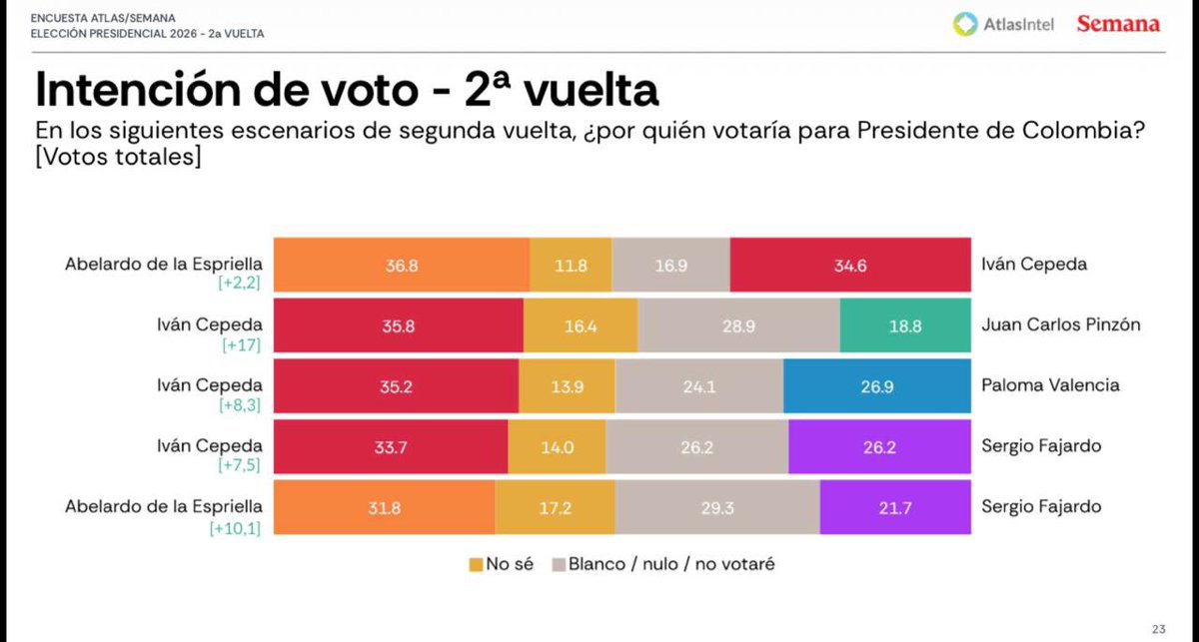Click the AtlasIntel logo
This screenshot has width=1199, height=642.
[x=1003, y=24]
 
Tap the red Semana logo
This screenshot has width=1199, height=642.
[x=1118, y=24]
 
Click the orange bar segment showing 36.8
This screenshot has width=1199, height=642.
[x=402, y=265]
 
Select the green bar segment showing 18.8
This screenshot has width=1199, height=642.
[x=905, y=325]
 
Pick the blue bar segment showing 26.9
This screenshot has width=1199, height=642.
[x=877, y=386]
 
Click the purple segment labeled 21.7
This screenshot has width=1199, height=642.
[x=895, y=506]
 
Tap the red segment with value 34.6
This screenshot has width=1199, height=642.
[x=850, y=265]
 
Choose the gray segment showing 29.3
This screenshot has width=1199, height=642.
[x=717, y=506]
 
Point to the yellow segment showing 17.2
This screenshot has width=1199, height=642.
[x=555, y=506]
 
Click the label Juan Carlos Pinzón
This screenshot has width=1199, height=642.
[x=1061, y=324]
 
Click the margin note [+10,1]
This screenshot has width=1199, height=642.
[x=235, y=528]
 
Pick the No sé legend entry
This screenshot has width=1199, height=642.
[x=503, y=564]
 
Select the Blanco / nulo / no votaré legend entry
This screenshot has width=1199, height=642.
[x=662, y=564]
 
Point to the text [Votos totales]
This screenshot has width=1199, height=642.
[x=118, y=157]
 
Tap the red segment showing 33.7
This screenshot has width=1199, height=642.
[x=390, y=446]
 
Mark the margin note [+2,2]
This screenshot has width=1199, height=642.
[x=239, y=285]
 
